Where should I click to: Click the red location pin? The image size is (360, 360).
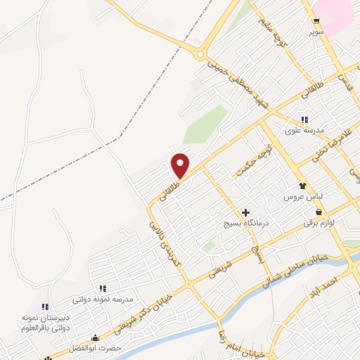coord(181,165)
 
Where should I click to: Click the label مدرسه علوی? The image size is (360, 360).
coord(304,131)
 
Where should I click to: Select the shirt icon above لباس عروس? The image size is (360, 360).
coord(303,186)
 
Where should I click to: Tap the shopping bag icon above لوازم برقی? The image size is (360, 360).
coord(319,211)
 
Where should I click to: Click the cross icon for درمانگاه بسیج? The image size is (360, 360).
coord(245,212)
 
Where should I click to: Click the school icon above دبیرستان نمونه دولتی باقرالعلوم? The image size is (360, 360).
coord(45,306)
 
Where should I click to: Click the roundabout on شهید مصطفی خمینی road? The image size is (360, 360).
coord(202,53)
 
